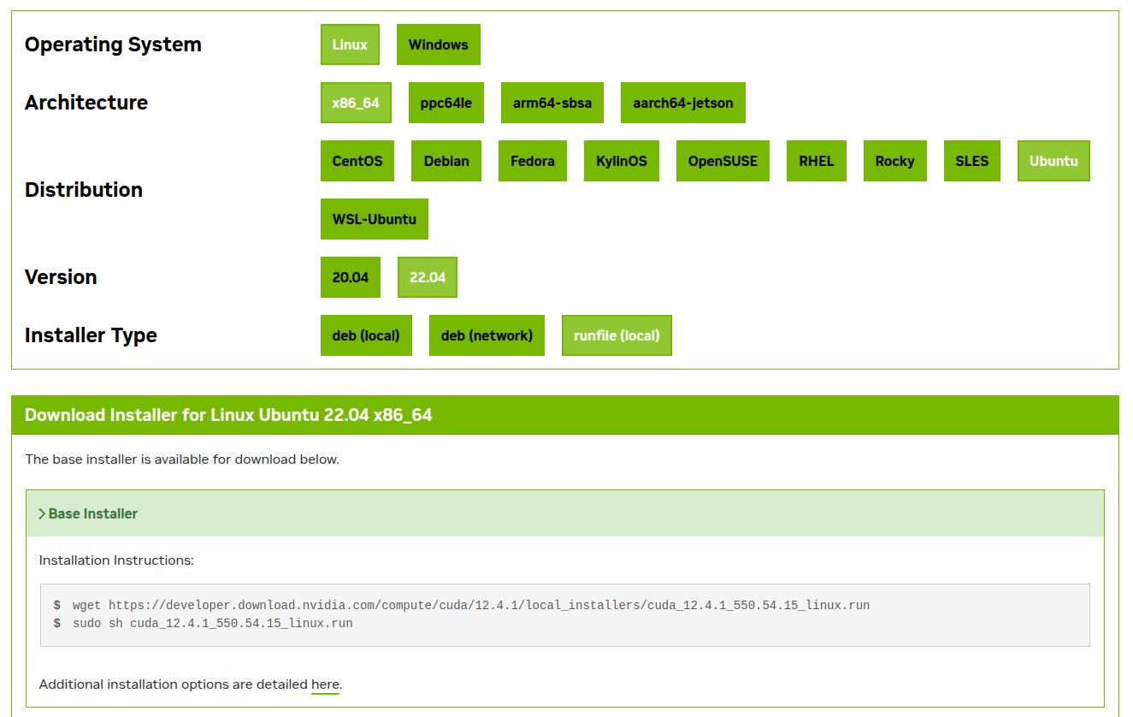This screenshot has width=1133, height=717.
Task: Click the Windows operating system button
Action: point(438,44)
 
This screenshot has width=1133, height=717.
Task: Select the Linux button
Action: point(350,44)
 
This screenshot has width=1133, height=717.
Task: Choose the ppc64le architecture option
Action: point(446,103)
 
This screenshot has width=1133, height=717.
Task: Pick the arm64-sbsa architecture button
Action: point(552,103)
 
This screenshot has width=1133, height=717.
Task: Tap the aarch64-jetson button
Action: point(682,103)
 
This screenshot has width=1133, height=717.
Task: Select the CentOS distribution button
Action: point(357,161)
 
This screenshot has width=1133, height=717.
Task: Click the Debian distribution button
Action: point(446,161)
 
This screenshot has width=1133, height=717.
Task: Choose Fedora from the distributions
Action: point(533,161)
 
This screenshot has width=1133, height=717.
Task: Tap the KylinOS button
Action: point(622,161)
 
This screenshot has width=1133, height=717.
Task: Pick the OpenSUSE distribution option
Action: point(723,161)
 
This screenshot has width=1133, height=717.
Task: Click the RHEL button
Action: point(816,161)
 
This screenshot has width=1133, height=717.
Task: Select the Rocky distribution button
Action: point(894,161)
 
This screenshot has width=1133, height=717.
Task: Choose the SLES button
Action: point(971,161)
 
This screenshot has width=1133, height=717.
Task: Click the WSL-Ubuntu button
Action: point(374,219)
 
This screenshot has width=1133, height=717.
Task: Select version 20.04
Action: point(351,277)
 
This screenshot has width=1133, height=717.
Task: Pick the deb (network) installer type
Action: point(487,335)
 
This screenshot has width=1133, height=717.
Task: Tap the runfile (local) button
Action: point(617,335)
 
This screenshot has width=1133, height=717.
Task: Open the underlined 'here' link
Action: point(325,684)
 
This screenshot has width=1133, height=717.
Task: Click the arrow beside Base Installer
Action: point(42,514)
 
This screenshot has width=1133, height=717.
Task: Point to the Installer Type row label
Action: point(91,335)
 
